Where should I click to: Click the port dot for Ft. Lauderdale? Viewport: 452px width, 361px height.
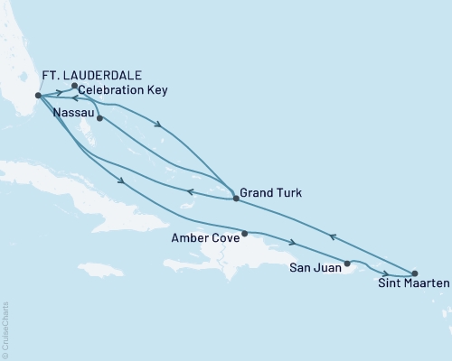37,96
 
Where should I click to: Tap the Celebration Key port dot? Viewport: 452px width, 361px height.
74,86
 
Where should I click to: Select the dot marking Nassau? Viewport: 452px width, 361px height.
99,118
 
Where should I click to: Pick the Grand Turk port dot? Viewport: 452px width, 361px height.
236,198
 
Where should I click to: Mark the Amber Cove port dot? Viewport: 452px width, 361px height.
244,233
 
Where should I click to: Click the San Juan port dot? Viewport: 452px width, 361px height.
347,264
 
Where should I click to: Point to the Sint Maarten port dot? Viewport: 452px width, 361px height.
414,273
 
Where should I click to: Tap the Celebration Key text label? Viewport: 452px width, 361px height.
121,91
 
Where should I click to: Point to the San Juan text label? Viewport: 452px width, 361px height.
314,269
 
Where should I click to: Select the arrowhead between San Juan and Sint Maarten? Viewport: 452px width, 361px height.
386,273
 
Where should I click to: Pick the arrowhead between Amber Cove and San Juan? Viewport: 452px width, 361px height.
291,242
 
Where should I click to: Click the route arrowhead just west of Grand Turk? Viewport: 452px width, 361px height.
189,191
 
